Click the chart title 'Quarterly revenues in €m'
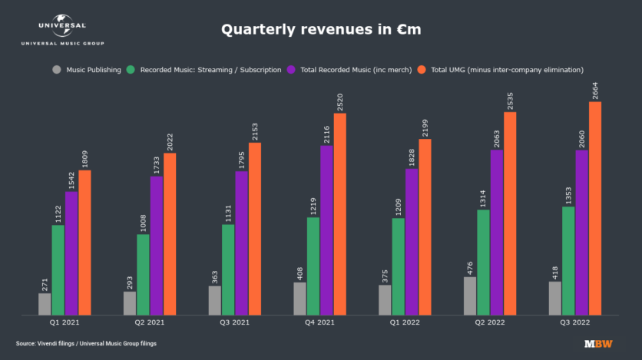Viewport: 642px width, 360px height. (x=320, y=30)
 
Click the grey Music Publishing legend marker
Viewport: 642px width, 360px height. (x=57, y=70)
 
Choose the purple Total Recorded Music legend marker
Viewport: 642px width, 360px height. (x=291, y=70)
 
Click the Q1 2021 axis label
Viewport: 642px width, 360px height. (x=65, y=323)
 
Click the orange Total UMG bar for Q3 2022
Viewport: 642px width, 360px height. (x=594, y=208)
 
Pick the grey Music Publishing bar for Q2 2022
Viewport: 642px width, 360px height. (x=470, y=296)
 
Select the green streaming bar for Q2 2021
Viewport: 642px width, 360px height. (x=143, y=274)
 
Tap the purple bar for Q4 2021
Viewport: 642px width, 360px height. (x=326, y=230)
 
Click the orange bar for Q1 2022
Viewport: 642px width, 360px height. (x=424, y=226)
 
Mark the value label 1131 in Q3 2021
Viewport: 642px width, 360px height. (x=228, y=211)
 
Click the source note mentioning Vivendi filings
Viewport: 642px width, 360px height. (x=86, y=343)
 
